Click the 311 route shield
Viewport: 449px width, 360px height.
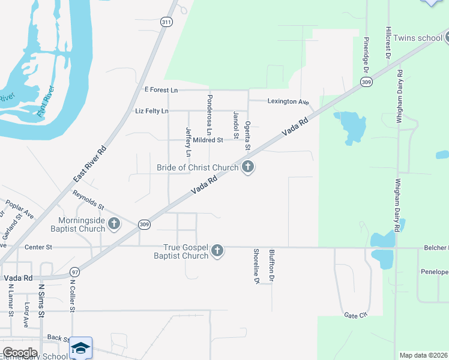pos(166,22)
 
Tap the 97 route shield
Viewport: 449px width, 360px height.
pos(74,272)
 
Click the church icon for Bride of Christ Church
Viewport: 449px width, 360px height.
pos(247,167)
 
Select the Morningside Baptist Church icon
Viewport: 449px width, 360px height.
pos(114,224)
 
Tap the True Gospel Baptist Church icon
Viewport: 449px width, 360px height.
pos(217,251)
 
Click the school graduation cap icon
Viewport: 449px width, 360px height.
pos(81,348)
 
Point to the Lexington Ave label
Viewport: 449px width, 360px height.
pos(288,101)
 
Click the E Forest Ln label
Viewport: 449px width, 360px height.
pos(161,89)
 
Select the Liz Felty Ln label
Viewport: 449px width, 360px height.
pos(152,111)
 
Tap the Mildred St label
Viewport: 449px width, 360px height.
pos(208,140)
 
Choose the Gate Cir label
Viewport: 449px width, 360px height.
pos(355,315)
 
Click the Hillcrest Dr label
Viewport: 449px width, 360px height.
pos(389,42)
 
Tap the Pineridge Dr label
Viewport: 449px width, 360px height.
pos(366,53)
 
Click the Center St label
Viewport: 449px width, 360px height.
pos(38,247)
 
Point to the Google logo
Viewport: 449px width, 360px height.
pos(20,353)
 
